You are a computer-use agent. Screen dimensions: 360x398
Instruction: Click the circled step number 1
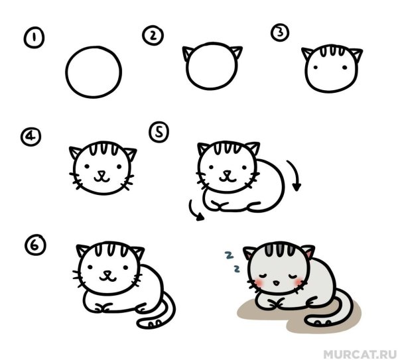[31, 38]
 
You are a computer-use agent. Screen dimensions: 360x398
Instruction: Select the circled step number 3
[281, 32]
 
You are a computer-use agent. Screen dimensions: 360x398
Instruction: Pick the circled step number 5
[159, 133]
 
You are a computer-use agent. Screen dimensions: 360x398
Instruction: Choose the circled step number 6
[34, 245]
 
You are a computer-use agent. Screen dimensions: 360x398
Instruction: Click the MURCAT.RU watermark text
[360, 346]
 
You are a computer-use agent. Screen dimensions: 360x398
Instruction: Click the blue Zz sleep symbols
[232, 261]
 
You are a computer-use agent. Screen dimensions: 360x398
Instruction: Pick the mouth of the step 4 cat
[101, 176]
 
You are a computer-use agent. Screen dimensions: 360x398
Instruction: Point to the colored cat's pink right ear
[307, 253]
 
